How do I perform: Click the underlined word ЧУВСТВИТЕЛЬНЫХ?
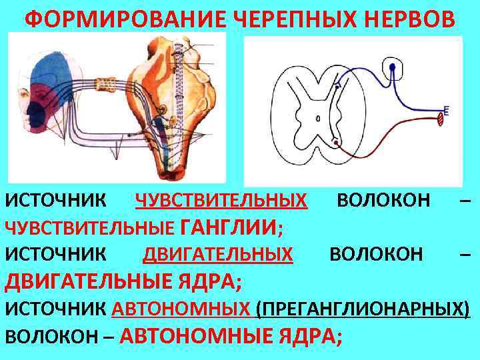[x=221, y=199]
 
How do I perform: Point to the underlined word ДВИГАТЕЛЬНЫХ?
[x=218, y=253]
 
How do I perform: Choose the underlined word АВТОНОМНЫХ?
[x=181, y=309]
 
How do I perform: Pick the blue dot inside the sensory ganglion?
[x=394, y=67]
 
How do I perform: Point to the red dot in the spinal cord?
[x=336, y=142]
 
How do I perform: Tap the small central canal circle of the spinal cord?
[x=319, y=119]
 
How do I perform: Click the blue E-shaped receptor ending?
[x=445, y=110]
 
